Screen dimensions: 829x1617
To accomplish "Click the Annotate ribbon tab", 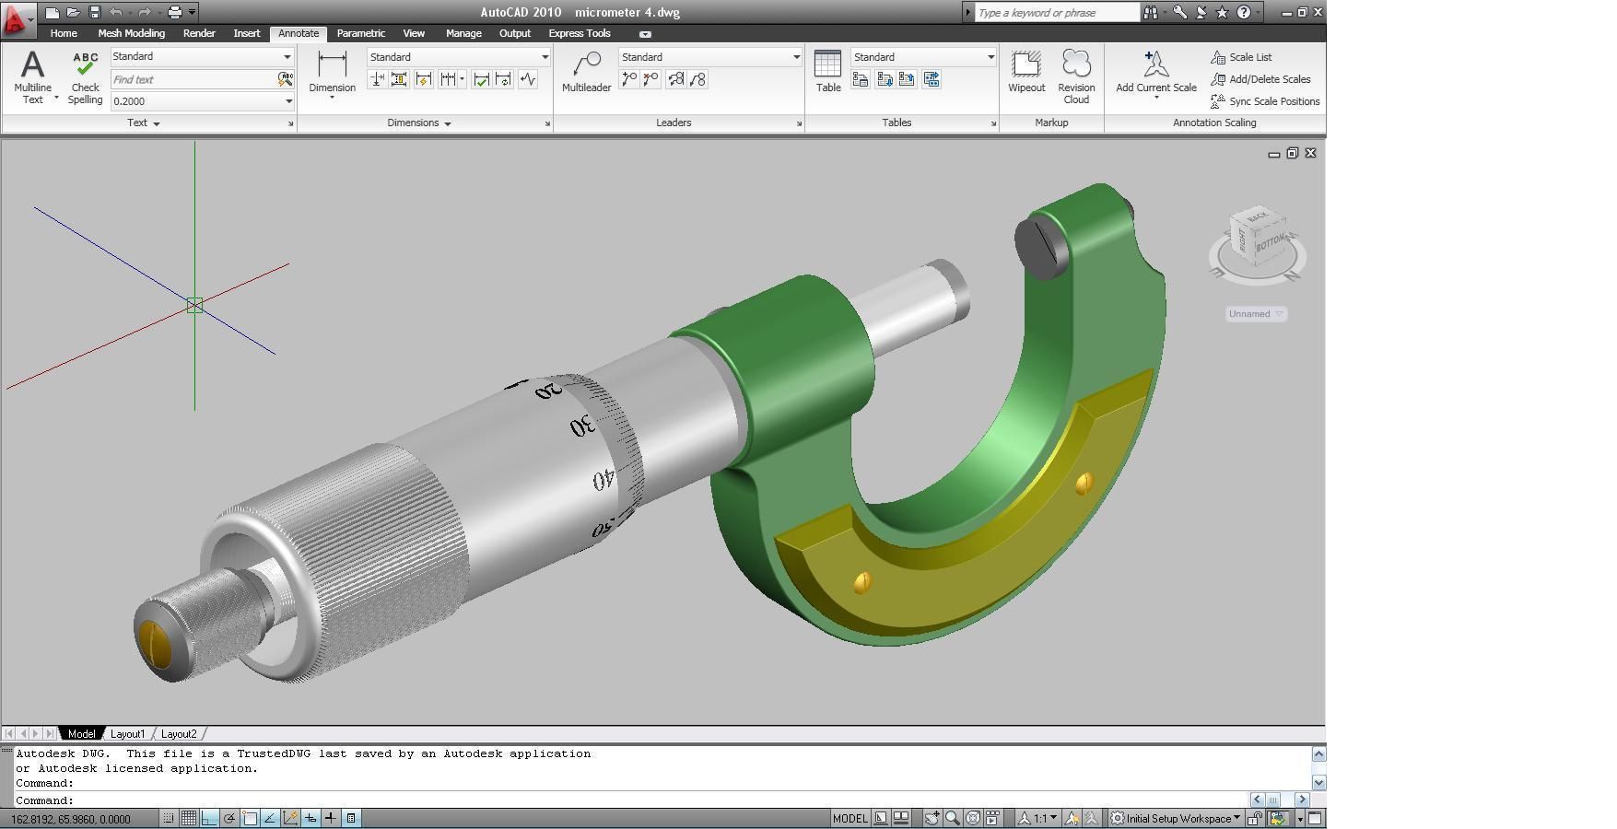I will [x=299, y=33].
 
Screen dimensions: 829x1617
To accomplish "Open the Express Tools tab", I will [x=579, y=33].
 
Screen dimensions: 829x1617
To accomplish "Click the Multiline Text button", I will [x=33, y=76].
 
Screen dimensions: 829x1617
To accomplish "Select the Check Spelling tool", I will [x=85, y=76].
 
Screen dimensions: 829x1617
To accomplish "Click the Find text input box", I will [x=193, y=80].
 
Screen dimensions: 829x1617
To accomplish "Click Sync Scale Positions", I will [x=1273, y=101].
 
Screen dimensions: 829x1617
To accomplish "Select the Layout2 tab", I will [x=179, y=734].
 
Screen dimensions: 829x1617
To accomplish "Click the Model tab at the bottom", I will [x=81, y=734].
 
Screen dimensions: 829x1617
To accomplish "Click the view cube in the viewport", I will [x=1258, y=236].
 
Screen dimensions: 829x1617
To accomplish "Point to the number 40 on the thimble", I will [x=603, y=480].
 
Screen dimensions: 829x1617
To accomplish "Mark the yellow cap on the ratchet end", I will [x=158, y=642].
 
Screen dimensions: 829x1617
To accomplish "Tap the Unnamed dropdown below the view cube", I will [x=1255, y=314].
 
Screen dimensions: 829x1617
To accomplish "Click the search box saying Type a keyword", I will [x=1057, y=13].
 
